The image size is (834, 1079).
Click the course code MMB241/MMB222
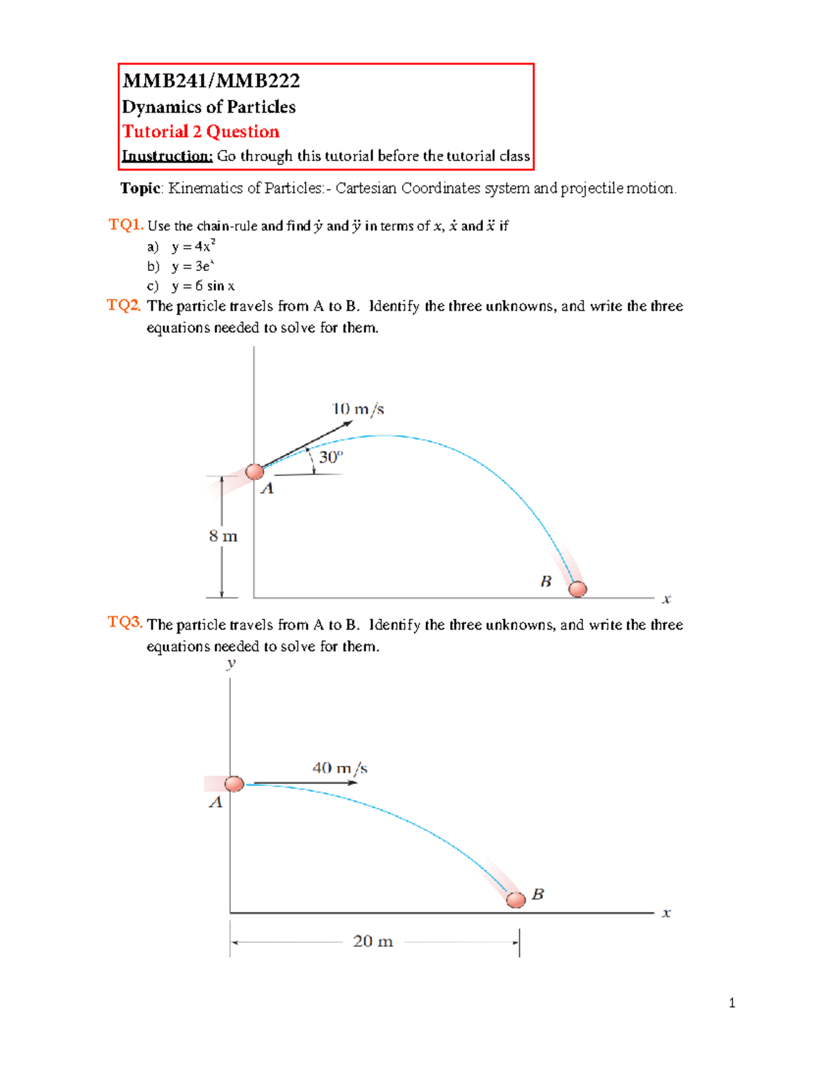(x=211, y=81)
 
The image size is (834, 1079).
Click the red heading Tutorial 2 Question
(x=201, y=131)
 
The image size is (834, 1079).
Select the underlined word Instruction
(x=167, y=156)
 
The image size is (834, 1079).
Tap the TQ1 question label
(x=126, y=224)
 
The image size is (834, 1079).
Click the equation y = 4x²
(x=194, y=247)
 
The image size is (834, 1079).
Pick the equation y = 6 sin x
(x=203, y=286)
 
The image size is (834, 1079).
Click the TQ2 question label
(x=124, y=305)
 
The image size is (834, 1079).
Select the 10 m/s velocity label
(x=358, y=409)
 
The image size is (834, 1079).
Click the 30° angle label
(x=331, y=456)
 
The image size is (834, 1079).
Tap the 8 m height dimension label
(x=223, y=536)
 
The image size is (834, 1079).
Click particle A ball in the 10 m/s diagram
(x=255, y=471)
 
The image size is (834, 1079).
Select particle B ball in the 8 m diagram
(x=578, y=589)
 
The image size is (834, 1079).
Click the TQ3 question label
(x=125, y=622)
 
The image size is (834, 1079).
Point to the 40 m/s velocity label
(x=340, y=768)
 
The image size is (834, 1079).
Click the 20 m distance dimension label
(x=373, y=941)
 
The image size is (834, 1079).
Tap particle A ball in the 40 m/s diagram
(x=234, y=784)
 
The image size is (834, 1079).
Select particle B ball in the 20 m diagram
(x=516, y=900)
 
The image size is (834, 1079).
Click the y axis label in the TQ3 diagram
(x=231, y=664)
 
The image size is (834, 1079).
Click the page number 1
(x=732, y=1003)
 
